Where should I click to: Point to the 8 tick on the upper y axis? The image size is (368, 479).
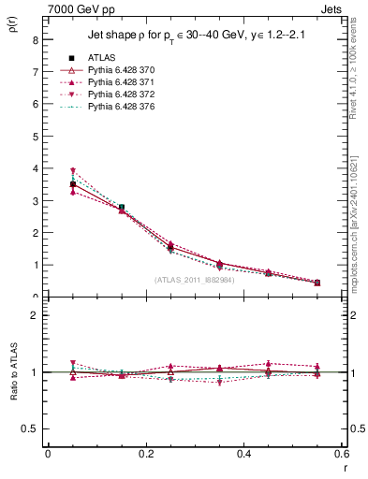point(34,40)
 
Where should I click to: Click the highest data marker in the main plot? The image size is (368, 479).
point(72,171)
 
